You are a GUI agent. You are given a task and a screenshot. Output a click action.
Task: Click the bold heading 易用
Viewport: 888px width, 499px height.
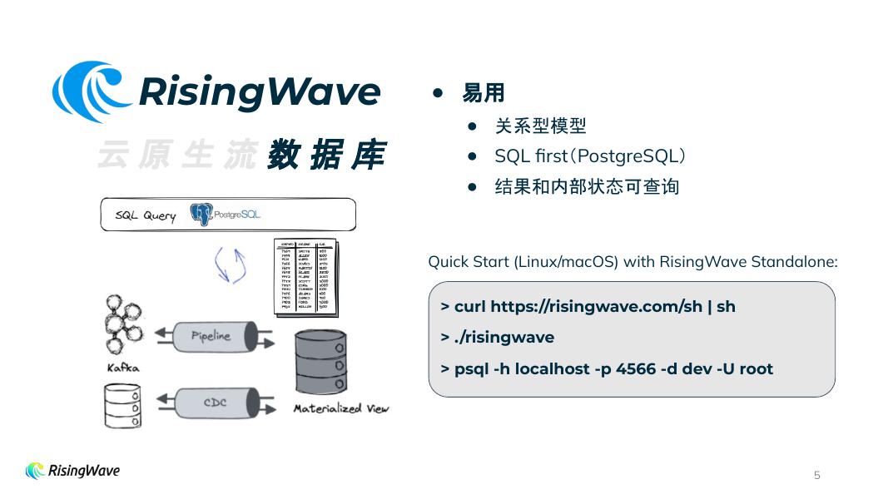484,93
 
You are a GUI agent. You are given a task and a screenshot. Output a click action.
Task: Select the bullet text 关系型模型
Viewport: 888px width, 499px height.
540,126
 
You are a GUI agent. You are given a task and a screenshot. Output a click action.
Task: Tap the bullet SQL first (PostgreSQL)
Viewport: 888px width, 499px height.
589,156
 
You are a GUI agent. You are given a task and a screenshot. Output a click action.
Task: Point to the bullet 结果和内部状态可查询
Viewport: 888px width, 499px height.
587,186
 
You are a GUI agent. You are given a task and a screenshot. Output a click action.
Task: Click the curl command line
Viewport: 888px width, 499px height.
588,306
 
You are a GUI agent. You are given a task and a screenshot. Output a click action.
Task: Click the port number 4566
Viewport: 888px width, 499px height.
637,368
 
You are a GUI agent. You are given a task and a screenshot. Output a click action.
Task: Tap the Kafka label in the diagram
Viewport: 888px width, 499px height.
123,367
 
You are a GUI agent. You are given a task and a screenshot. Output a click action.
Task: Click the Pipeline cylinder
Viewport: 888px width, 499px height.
211,336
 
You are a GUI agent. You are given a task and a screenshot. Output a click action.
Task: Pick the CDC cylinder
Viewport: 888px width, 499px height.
216,403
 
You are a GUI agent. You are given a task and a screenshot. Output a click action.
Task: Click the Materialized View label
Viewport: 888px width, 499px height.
340,408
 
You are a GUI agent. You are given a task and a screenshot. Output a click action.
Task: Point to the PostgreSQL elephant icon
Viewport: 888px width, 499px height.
201,214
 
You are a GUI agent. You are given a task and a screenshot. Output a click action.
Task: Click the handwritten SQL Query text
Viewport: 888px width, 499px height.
146,215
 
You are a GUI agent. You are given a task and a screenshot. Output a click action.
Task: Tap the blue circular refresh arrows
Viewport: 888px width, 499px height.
231,264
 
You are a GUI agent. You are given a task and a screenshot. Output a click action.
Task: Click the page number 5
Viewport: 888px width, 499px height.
816,475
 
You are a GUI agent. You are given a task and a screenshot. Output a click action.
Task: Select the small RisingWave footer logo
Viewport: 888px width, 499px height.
73,471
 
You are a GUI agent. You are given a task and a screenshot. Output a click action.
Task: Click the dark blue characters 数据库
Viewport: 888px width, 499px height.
326,156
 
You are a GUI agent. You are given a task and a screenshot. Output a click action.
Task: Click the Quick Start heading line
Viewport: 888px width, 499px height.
632,262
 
